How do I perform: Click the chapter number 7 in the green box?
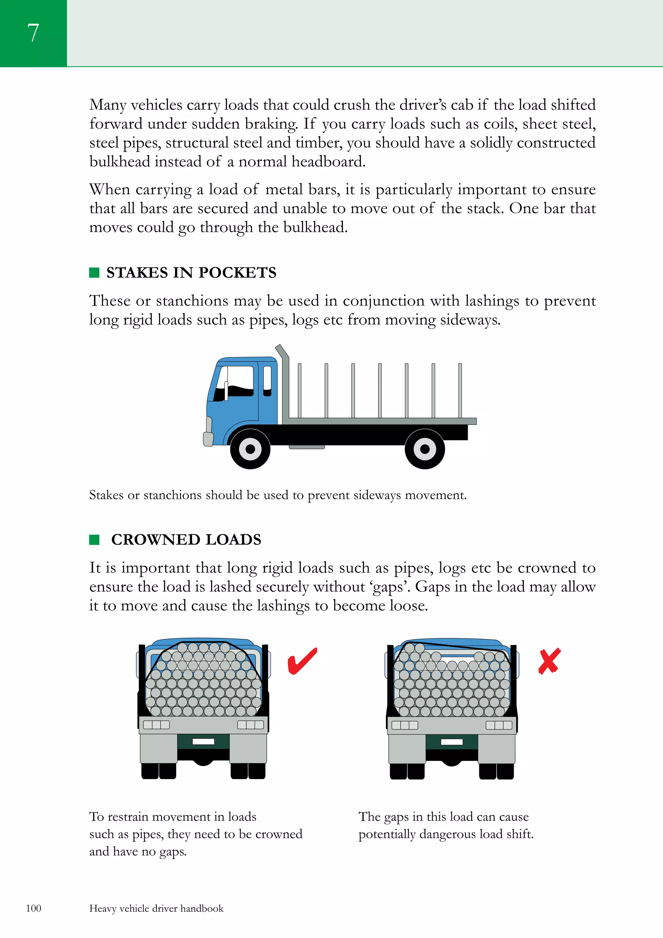click(33, 33)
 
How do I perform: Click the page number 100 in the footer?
click(33, 908)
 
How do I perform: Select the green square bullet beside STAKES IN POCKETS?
click(94, 273)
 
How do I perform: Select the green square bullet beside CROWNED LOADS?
click(94, 540)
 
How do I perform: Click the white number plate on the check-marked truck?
click(203, 741)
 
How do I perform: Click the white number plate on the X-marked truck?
click(452, 741)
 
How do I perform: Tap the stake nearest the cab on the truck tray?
click(299, 390)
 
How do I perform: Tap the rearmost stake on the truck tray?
click(460, 390)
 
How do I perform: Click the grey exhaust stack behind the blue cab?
click(285, 384)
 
